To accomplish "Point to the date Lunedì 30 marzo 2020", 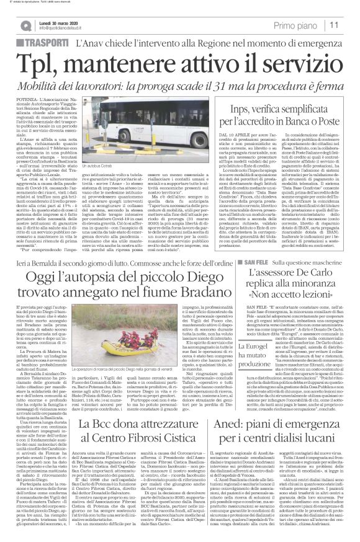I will tap(55, 21).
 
